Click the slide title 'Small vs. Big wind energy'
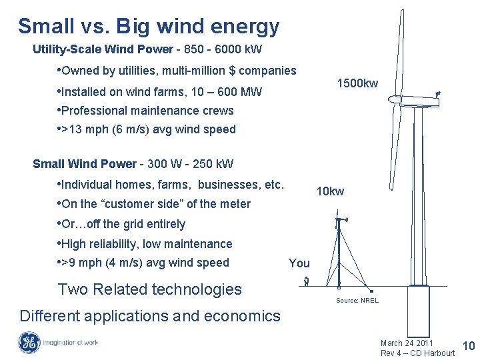(148, 27)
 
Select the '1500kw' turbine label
(357, 83)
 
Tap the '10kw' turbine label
(330, 191)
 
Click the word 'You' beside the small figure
(299, 263)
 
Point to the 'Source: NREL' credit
(357, 301)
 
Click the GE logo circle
(29, 343)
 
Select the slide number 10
(468, 345)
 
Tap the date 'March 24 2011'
(407, 343)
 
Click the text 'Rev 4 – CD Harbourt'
(417, 353)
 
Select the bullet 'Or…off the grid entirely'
(123, 224)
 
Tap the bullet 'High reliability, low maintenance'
(146, 244)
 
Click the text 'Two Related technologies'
(149, 289)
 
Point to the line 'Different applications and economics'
(150, 316)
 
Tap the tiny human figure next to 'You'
(305, 281)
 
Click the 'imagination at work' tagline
(70, 343)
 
